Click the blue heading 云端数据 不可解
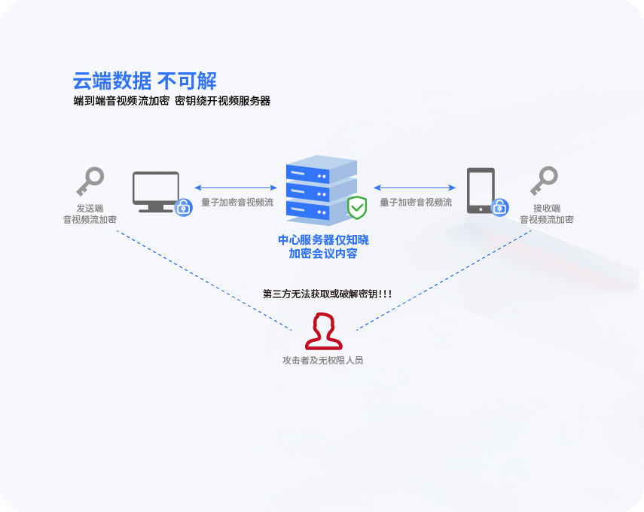(145, 81)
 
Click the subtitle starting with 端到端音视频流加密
(172, 101)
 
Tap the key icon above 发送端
(90, 181)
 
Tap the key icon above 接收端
(544, 181)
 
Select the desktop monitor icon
(156, 191)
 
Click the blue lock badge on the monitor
(183, 207)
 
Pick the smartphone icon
(481, 190)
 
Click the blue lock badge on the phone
(499, 207)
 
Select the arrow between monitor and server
(235, 187)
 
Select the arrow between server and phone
(415, 187)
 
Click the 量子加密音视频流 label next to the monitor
(237, 203)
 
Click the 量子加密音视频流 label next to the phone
(416, 203)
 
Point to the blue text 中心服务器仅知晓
(323, 240)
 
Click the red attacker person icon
(323, 332)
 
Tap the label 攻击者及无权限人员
(323, 361)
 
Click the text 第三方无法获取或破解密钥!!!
(327, 294)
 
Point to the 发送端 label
(90, 209)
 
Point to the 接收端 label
(546, 209)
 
